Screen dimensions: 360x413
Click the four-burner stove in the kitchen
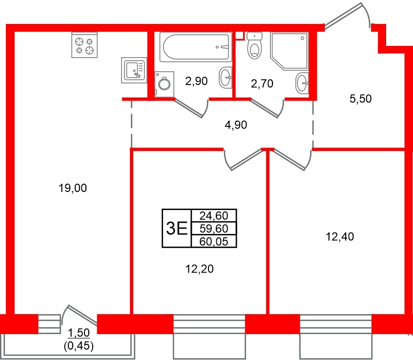click(x=84, y=44)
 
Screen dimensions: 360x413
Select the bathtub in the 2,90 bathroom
click(x=194, y=47)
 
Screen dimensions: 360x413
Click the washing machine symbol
click(x=163, y=85)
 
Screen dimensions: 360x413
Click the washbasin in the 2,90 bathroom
click(x=226, y=77)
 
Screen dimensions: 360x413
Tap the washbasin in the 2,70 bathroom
click(x=302, y=83)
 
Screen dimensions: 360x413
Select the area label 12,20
click(x=199, y=268)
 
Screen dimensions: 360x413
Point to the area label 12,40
click(x=339, y=237)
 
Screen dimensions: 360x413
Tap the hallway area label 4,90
click(x=236, y=125)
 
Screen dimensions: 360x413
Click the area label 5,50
click(x=361, y=99)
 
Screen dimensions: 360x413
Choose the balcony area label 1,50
click(x=79, y=334)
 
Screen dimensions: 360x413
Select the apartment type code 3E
click(x=177, y=228)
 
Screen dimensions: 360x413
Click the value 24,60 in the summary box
click(x=214, y=215)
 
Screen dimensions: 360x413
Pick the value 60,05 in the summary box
click(x=214, y=241)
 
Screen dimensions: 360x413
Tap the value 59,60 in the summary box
click(x=214, y=228)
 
